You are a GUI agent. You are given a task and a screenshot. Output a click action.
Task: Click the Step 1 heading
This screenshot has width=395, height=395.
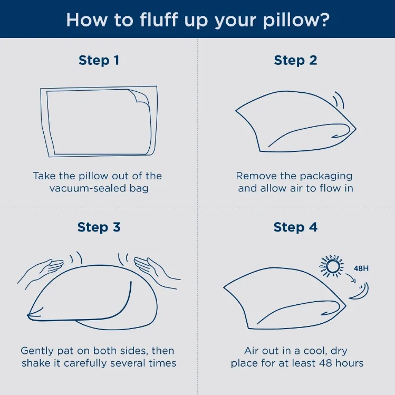pyautogui.click(x=99, y=61)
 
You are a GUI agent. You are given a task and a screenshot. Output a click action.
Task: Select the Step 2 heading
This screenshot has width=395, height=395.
pyautogui.click(x=295, y=61)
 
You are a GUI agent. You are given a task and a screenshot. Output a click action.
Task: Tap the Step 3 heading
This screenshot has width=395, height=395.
pyautogui.click(x=99, y=227)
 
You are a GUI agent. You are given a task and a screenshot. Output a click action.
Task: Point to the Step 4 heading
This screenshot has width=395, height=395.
pyautogui.click(x=295, y=227)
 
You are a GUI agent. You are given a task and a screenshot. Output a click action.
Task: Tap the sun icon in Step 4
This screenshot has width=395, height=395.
pyautogui.click(x=332, y=266)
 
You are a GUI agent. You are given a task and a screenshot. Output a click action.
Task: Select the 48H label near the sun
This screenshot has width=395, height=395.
pyautogui.click(x=361, y=268)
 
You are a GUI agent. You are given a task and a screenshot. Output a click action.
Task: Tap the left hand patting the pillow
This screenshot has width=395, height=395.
pyautogui.click(x=40, y=271)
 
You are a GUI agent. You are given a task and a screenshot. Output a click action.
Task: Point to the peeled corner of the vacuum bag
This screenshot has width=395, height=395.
pyautogui.click(x=140, y=96)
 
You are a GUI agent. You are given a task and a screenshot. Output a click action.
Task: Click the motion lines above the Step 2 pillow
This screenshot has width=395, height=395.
pyautogui.click(x=339, y=100)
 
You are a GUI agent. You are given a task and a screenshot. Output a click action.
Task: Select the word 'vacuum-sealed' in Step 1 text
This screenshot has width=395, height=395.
pyautogui.click(x=88, y=188)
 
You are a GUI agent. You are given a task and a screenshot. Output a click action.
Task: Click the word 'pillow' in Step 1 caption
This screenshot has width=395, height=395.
pyautogui.click(x=93, y=176)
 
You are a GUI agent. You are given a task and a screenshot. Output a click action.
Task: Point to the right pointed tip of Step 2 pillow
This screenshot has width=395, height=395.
pyautogui.click(x=355, y=129)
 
